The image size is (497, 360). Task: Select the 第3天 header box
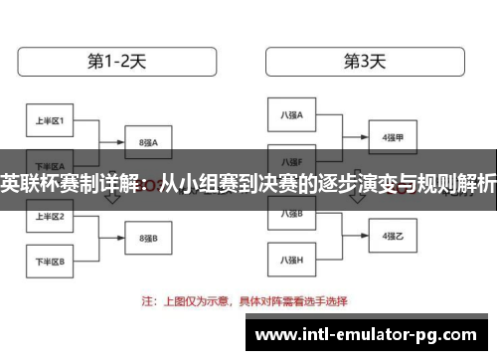365,61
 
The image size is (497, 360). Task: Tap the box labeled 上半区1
50,121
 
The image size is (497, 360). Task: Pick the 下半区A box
50,165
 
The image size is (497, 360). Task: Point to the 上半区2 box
50,216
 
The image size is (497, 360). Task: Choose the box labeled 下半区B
50,262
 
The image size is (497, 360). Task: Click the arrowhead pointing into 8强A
121,142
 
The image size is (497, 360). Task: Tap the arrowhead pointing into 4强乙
366,237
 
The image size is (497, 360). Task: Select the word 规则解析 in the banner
456,184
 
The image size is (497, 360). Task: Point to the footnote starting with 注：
258,298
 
